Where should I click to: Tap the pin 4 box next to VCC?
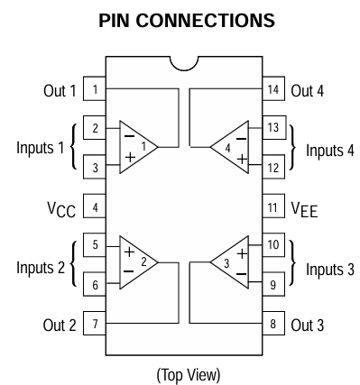click(x=94, y=206)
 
